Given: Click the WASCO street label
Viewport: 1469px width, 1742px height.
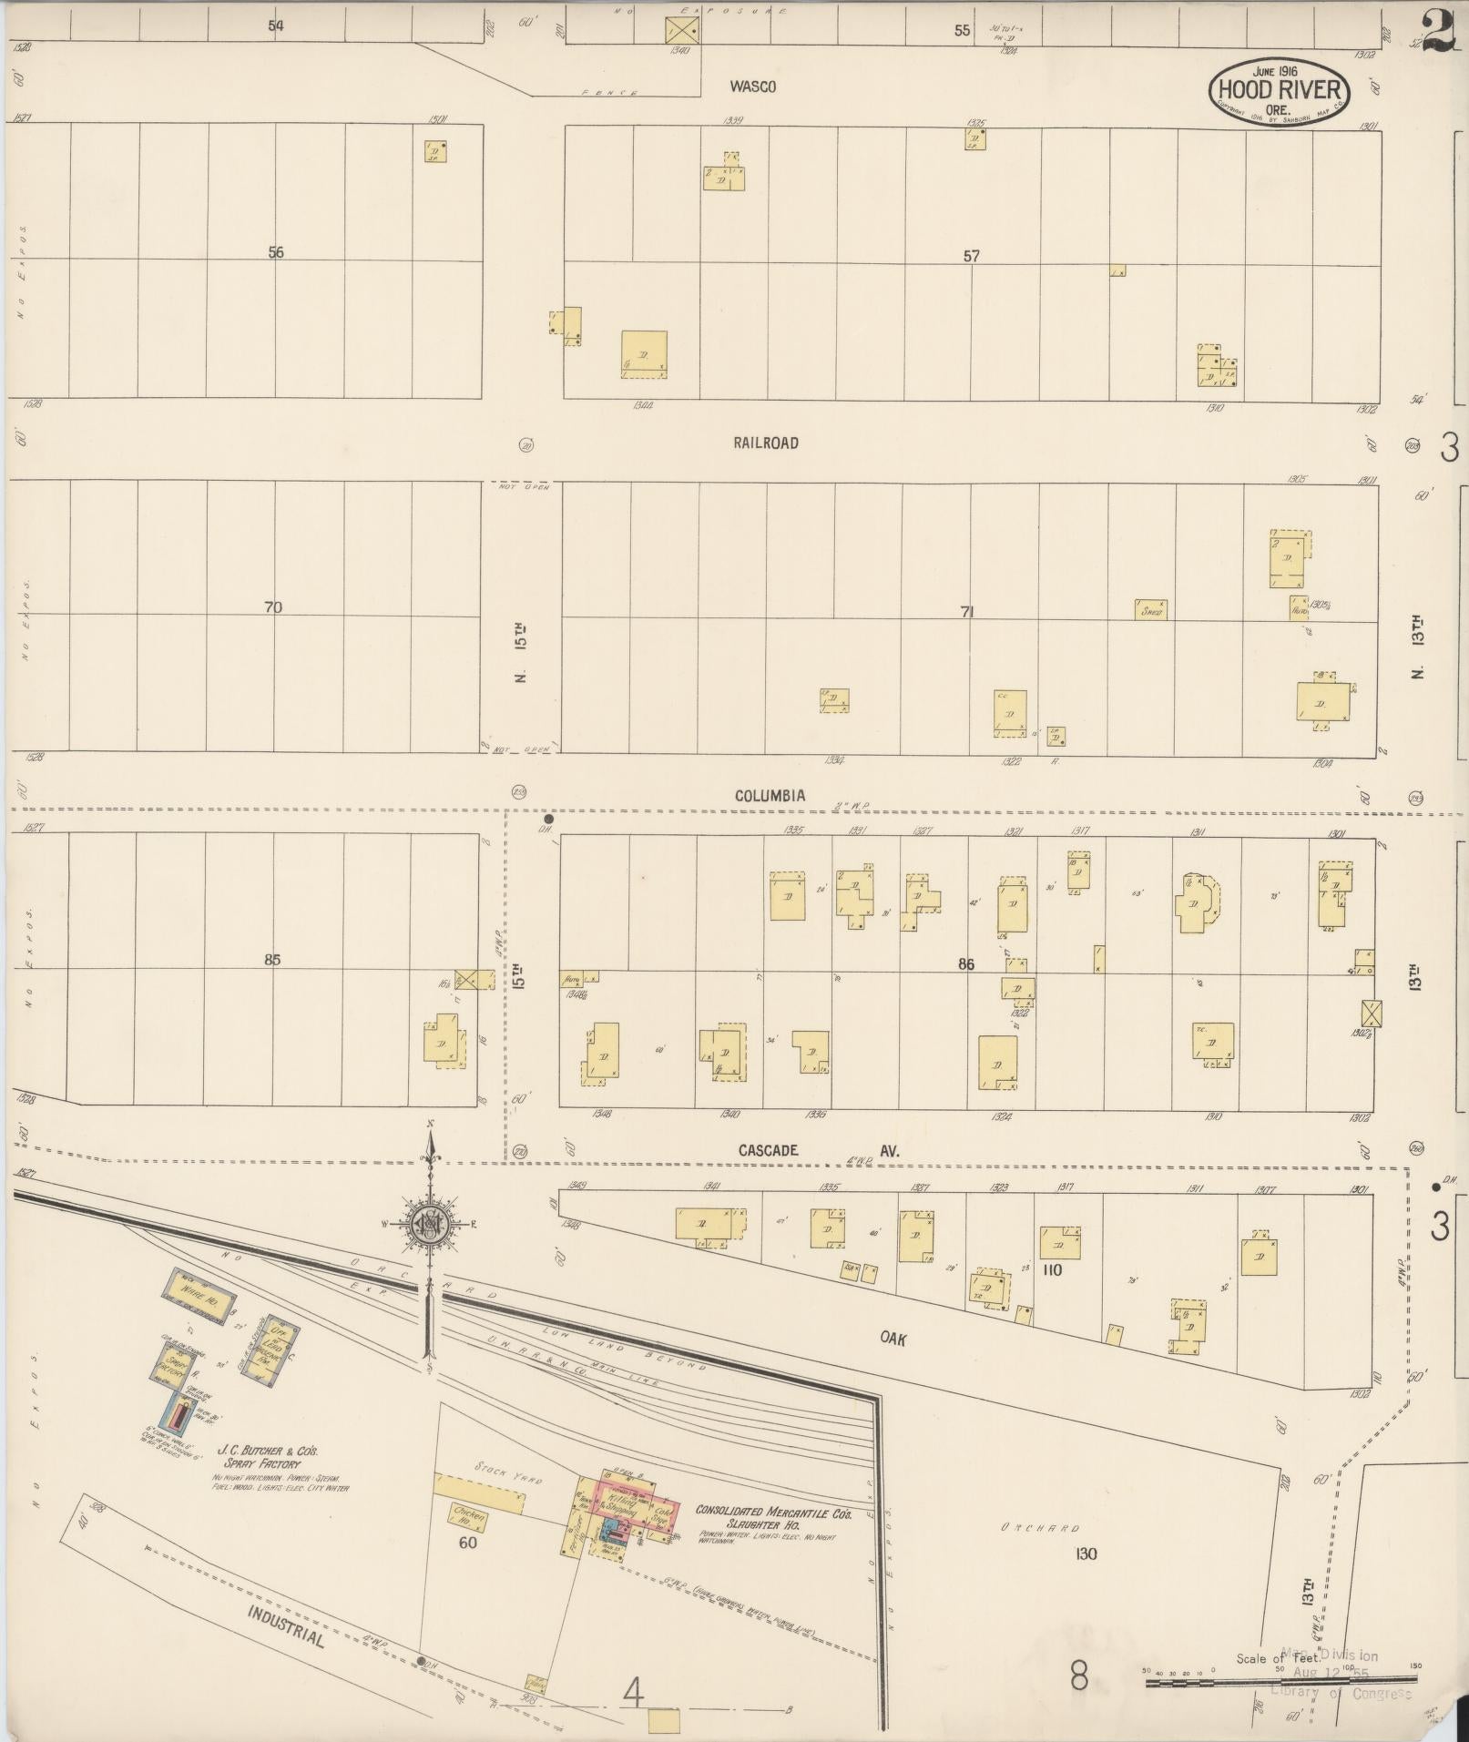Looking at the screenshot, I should point(752,87).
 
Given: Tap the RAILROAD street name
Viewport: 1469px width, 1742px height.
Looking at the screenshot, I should point(765,443).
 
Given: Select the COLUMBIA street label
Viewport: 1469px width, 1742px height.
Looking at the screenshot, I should point(770,796).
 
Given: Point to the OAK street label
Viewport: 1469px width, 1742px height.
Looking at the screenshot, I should point(894,1336).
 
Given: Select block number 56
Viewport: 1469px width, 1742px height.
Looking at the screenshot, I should point(276,252).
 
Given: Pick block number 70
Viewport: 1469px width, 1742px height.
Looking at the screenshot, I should point(273,607).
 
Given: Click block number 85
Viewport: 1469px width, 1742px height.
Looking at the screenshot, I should point(272,959).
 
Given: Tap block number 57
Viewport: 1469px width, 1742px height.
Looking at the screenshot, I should point(971,257).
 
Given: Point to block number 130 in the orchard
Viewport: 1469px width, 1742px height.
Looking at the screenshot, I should point(1086,1554).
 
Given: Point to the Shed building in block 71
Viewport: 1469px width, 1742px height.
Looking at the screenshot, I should point(1151,610).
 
